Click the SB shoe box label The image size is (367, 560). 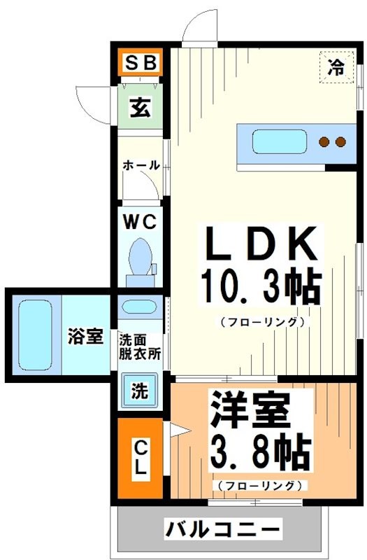(x=140, y=64)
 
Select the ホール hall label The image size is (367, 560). (x=141, y=166)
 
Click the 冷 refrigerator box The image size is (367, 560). (x=336, y=67)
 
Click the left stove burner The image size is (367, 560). (x=324, y=142)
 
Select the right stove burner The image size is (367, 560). (x=341, y=142)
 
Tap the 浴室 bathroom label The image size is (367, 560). (x=85, y=337)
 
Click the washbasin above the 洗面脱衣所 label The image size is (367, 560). (x=141, y=307)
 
